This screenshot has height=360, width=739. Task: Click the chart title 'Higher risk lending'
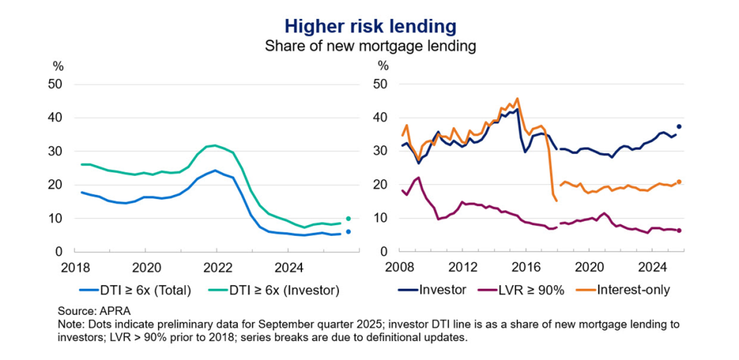tap(369, 27)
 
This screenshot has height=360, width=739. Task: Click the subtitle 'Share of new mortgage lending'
tap(369, 46)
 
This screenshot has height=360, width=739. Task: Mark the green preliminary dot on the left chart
tap(348, 219)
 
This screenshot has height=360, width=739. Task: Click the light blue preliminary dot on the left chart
tap(348, 232)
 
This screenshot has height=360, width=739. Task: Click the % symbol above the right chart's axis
tap(383, 66)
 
